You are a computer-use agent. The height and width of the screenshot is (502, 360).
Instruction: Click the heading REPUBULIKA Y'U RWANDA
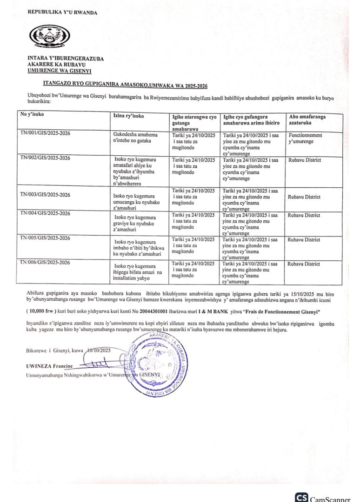coord(62,13)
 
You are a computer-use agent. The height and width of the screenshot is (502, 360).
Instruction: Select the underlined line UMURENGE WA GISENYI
coord(59,71)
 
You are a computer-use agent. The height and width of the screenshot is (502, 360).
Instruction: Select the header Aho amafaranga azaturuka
coord(307,120)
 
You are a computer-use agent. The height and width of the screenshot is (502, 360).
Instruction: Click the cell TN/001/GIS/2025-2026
coord(45,133)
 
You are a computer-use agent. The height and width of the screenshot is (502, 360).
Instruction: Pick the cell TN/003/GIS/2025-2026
coord(45,194)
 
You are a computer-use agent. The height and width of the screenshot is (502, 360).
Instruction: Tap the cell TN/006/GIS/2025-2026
coord(45,263)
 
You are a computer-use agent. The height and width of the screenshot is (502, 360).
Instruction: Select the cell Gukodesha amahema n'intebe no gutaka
coord(135,138)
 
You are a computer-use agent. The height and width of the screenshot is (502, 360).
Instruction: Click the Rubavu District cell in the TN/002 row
coord(304,160)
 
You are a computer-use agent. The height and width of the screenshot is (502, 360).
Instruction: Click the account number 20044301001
coord(161,310)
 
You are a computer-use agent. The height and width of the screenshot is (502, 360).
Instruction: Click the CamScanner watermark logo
coord(323,497)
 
